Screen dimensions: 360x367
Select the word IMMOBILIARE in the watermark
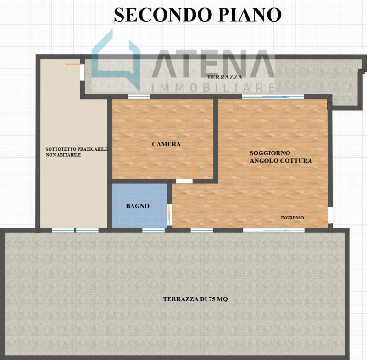click(213, 87)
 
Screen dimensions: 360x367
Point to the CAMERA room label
click(166, 144)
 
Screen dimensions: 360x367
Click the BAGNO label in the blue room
click(138, 206)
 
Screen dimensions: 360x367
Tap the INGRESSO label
click(292, 218)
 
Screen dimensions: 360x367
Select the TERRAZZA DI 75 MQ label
click(195, 299)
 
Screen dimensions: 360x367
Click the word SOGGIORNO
click(270, 153)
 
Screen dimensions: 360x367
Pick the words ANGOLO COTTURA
click(281, 161)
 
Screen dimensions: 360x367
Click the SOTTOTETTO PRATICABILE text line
click(77, 149)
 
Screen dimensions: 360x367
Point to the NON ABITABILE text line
click(63, 156)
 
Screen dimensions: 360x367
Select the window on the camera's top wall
click(139, 97)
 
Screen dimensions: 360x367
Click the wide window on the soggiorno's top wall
click(272, 97)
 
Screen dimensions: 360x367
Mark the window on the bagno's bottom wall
click(153, 230)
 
